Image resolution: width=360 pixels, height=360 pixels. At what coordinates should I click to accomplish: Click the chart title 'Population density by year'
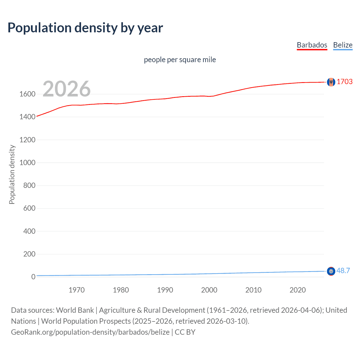tap(85, 28)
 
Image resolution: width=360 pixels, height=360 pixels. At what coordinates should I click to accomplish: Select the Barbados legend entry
tap(312, 45)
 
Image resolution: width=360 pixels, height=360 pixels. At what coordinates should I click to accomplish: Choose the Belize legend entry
tap(343, 45)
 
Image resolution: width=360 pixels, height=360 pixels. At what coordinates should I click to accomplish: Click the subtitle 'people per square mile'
tap(180, 60)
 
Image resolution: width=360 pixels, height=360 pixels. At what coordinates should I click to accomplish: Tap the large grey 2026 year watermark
tap(67, 89)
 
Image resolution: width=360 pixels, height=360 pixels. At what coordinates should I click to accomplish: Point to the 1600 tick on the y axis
tap(27, 94)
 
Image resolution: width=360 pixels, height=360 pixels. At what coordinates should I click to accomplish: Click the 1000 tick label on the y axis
tap(27, 163)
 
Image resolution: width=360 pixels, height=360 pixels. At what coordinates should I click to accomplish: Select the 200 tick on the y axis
tap(29, 254)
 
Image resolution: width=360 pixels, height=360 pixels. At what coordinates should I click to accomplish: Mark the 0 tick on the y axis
tap(33, 277)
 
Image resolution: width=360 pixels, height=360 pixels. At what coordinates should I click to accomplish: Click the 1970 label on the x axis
tap(76, 290)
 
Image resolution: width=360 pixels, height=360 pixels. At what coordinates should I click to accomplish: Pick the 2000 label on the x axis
tap(209, 290)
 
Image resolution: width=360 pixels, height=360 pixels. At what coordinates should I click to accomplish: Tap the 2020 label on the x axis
tap(298, 290)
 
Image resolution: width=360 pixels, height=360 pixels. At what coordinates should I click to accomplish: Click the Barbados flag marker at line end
tap(331, 82)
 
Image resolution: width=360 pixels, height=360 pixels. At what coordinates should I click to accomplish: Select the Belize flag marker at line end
tap(331, 271)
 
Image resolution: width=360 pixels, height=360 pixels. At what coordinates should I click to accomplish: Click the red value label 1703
tap(345, 82)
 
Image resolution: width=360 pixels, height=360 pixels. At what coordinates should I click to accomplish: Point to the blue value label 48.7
tap(343, 271)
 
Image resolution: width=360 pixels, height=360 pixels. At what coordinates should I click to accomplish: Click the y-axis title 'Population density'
tap(12, 174)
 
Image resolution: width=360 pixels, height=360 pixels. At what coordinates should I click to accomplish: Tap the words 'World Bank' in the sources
tap(75, 310)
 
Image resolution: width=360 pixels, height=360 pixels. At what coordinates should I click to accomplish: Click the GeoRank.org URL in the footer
tap(90, 332)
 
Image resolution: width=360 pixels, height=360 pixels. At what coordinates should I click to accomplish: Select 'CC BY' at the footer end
tap(185, 332)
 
